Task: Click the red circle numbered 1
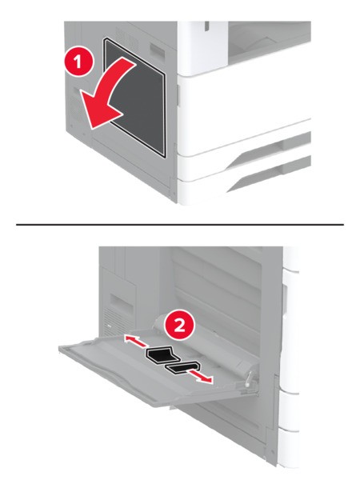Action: pyautogui.click(x=78, y=62)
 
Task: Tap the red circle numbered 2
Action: pyautogui.click(x=179, y=326)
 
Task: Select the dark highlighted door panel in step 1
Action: pyautogui.click(x=134, y=97)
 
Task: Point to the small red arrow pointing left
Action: pyautogui.click(x=135, y=342)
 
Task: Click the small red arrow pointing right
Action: pyautogui.click(x=200, y=375)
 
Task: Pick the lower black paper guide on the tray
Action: pyautogui.click(x=183, y=368)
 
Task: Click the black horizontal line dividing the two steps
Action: pyautogui.click(x=180, y=224)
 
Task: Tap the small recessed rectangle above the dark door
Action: pyautogui.click(x=158, y=50)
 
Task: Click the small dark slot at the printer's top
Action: pyautogui.click(x=207, y=26)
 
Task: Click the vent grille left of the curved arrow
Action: pyautogui.click(x=74, y=110)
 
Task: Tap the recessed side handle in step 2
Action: pyautogui.click(x=122, y=303)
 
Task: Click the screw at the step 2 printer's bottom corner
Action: pyautogui.click(x=272, y=452)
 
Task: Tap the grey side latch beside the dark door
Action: pyautogui.click(x=178, y=96)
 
